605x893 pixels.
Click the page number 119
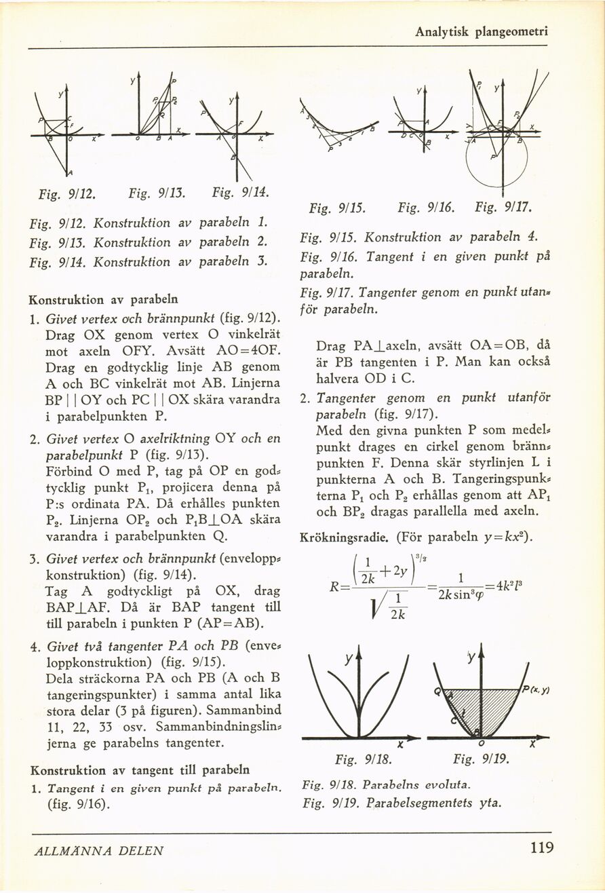(x=542, y=848)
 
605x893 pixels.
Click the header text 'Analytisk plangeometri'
(x=482, y=31)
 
